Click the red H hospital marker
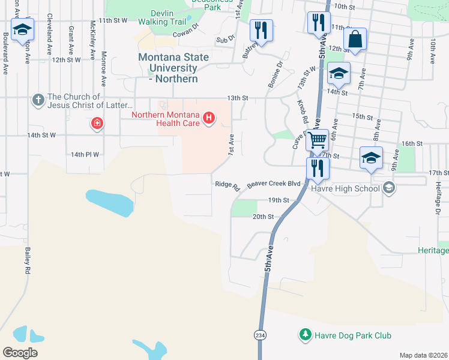click(209, 117)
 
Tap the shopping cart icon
click(317, 140)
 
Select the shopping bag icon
click(355, 39)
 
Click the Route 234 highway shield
click(259, 335)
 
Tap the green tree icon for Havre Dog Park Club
click(306, 334)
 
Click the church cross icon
click(38, 100)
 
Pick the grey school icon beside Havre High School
click(388, 188)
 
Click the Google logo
click(20, 352)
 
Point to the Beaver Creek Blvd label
click(273, 184)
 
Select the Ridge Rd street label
click(228, 185)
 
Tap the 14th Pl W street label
click(85, 154)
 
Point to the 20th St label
click(263, 217)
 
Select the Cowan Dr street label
click(185, 31)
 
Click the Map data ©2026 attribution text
click(423, 355)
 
